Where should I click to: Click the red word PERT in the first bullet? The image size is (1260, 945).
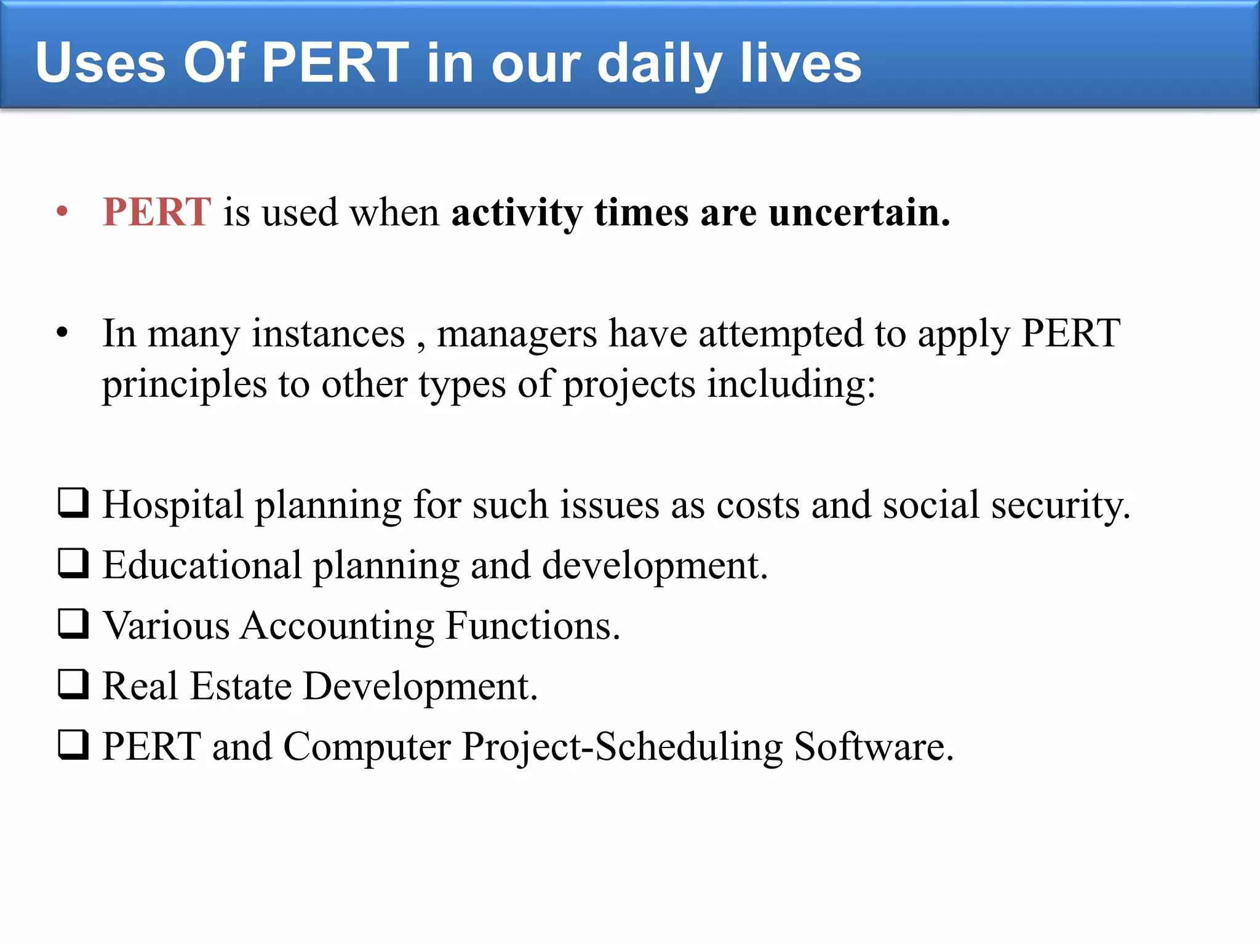[157, 212]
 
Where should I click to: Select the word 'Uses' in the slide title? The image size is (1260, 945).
[100, 63]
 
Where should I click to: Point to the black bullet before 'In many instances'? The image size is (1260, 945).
[62, 333]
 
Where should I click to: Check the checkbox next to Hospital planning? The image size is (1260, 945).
[73, 503]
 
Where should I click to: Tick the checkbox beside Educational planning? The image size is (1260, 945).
[73, 563]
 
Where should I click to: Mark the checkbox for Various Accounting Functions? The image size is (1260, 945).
[73, 623]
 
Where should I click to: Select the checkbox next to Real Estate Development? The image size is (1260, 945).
[73, 684]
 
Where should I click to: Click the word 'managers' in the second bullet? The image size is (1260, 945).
[517, 335]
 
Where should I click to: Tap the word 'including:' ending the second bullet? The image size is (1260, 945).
[791, 386]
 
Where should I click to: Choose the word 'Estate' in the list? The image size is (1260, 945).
[241, 687]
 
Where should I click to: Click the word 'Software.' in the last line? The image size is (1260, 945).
[874, 747]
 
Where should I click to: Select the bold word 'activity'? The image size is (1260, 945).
[517, 213]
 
